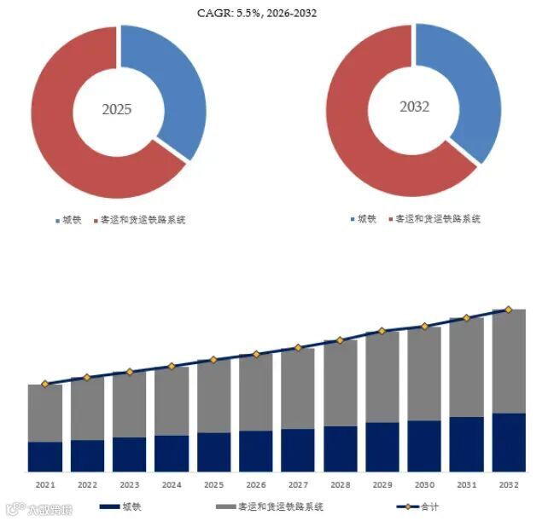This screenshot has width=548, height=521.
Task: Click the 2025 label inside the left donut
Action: [x=117, y=110]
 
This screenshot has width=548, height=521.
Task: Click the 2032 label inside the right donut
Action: [x=414, y=107]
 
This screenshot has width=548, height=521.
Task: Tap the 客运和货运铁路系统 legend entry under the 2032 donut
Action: [x=434, y=219]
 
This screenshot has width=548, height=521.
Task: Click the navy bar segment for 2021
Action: [x=45, y=456]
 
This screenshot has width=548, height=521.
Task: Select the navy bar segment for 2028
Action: [x=341, y=449]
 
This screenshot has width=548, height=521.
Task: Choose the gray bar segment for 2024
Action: [x=172, y=401]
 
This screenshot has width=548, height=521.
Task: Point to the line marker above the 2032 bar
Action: [x=509, y=310]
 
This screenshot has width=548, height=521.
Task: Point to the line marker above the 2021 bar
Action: [x=45, y=384]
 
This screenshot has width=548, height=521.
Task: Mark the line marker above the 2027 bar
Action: [x=298, y=348]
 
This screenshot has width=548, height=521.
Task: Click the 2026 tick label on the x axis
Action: [x=255, y=484]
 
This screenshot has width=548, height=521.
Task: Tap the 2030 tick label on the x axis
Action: [x=424, y=484]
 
